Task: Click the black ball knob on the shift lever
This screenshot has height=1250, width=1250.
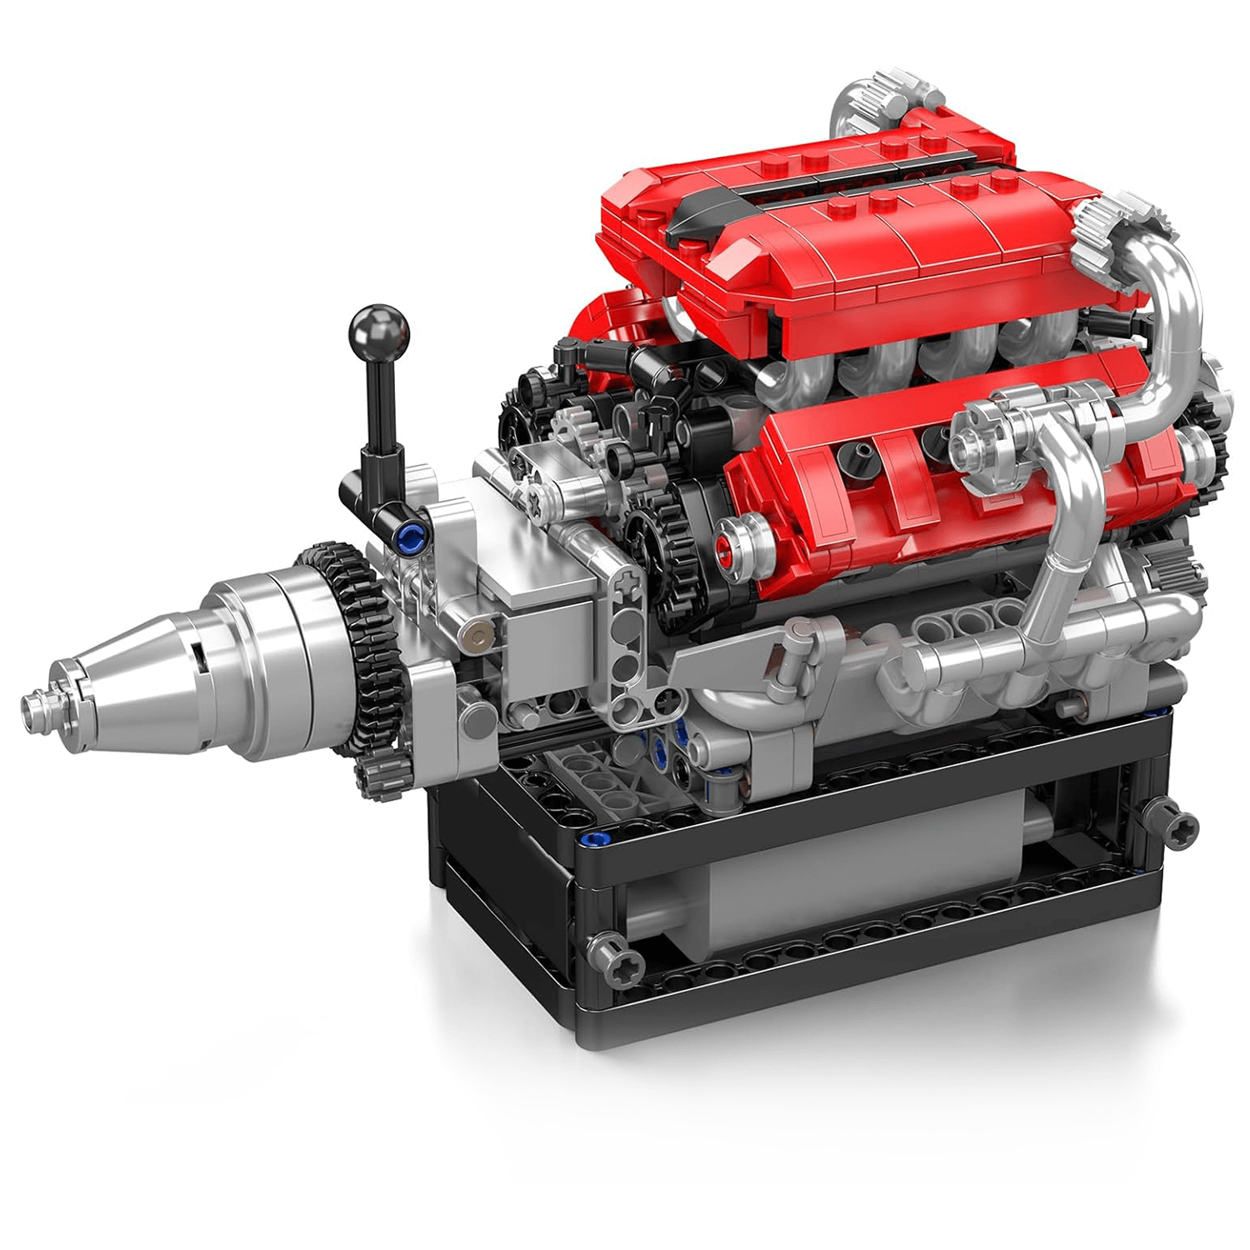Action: (x=380, y=331)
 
